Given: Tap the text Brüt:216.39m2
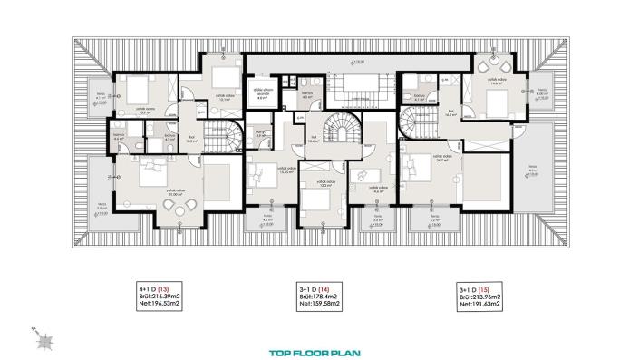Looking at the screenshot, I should [160, 295].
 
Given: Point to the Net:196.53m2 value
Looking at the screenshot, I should [160, 303].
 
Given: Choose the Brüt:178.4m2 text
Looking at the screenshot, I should [319, 295].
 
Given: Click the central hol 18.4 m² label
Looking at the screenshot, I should [314, 140].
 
